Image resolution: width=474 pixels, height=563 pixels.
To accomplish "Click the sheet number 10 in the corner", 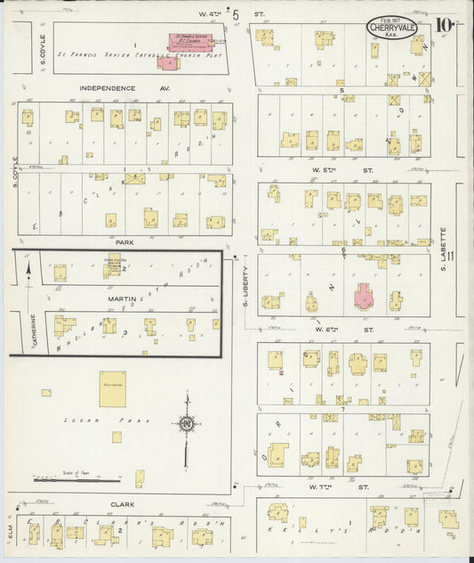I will pos(446,24).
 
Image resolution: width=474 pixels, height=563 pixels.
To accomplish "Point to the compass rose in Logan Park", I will pos(186,424).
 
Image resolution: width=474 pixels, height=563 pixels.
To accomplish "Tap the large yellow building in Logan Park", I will pos(113,389).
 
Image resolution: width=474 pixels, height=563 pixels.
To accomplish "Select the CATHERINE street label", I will pos(35,329).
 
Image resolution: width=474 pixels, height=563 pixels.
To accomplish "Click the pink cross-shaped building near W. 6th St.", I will pos(365,296).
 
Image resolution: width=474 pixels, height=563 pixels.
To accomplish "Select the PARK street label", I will pos(124,241).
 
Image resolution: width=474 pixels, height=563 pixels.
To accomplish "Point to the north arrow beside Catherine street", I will pos(28,266).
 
